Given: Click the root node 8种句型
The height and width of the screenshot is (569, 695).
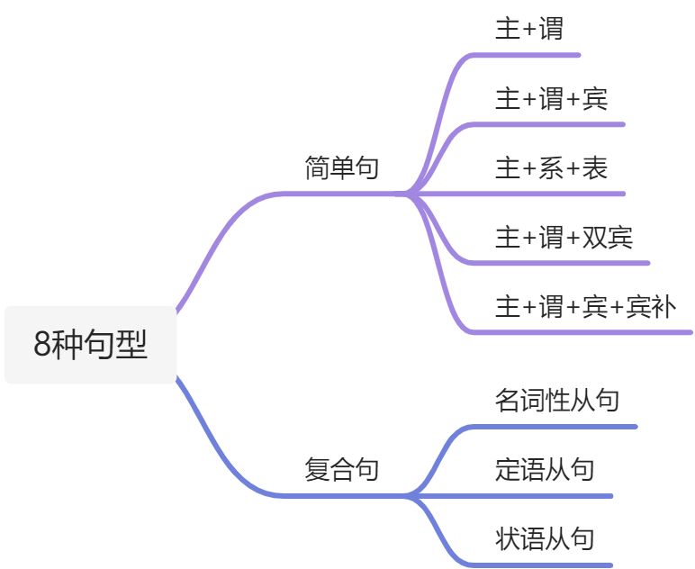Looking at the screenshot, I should (x=90, y=345).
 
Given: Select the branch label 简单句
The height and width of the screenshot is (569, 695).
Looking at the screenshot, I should (x=341, y=168).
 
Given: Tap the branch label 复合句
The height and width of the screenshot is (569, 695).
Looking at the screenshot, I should (x=341, y=469).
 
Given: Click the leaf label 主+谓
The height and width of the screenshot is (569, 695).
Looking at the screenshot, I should (x=528, y=29).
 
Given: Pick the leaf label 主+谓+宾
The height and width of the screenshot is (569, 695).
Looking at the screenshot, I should (x=551, y=98).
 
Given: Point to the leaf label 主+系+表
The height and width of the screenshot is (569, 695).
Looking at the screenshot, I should (x=551, y=167).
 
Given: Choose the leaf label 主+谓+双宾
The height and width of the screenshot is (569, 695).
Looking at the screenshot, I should (x=564, y=238).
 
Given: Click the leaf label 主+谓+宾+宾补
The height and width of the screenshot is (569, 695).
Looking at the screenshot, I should (x=585, y=307).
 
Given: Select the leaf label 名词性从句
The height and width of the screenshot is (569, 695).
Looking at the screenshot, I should (x=556, y=400).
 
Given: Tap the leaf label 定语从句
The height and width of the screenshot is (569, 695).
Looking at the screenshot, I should (x=544, y=469).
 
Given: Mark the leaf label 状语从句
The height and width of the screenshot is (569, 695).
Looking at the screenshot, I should (x=544, y=538).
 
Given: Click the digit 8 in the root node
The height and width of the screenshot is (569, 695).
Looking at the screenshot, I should (x=41, y=345).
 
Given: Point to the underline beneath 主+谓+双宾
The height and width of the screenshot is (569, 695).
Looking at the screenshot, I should (x=576, y=263).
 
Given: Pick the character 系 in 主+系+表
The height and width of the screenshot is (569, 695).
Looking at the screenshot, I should (x=551, y=167).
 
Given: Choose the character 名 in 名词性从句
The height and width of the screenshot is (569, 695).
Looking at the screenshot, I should (x=507, y=400).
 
